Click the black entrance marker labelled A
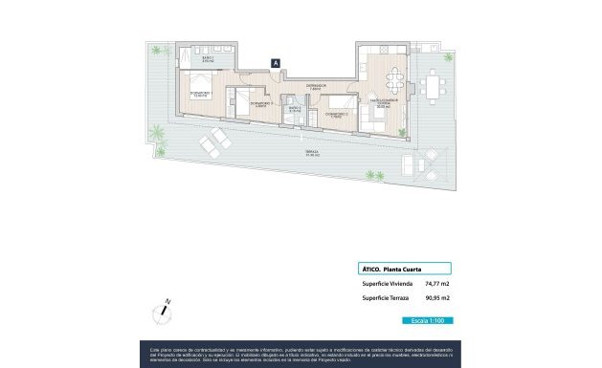[276, 63]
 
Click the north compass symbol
[163, 314]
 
